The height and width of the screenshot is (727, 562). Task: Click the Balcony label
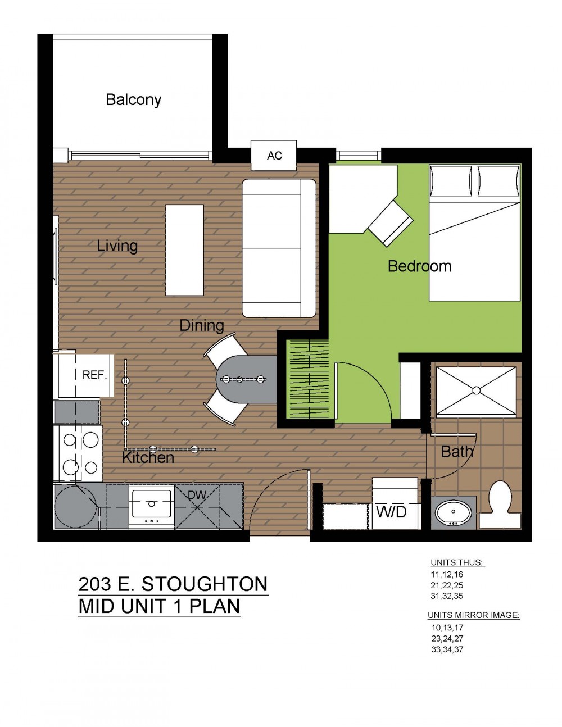pyautogui.click(x=134, y=100)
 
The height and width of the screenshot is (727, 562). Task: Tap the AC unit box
pyautogui.click(x=274, y=156)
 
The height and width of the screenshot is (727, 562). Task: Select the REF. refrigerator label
pyautogui.click(x=94, y=375)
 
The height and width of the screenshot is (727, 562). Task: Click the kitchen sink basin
pyautogui.click(x=152, y=504)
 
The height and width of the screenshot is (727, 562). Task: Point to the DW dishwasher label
pyautogui.click(x=197, y=495)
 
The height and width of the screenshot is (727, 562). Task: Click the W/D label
pyautogui.click(x=391, y=512)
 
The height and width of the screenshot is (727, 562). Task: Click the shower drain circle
pyautogui.click(x=477, y=390)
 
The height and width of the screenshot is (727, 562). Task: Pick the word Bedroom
pyautogui.click(x=419, y=266)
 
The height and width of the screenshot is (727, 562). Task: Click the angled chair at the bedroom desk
pyautogui.click(x=391, y=223)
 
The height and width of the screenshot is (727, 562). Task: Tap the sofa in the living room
pyautogui.click(x=279, y=248)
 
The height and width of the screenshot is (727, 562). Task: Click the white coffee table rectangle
pyautogui.click(x=185, y=250)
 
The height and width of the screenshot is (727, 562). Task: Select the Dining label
pyautogui.click(x=202, y=325)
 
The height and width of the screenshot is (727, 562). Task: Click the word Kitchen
pyautogui.click(x=148, y=458)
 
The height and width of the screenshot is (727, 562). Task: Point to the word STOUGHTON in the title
pyautogui.click(x=205, y=584)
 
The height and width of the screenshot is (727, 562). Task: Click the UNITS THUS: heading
pyautogui.click(x=457, y=562)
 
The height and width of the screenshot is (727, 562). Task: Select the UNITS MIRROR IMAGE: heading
pyautogui.click(x=474, y=615)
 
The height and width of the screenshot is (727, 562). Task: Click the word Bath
pyautogui.click(x=457, y=452)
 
